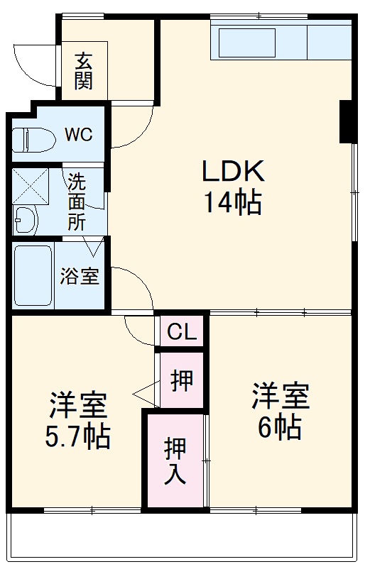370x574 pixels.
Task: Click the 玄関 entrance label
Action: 84,71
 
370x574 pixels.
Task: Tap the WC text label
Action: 78,135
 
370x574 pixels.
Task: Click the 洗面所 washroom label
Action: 77,200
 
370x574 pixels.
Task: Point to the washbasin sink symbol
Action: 26,220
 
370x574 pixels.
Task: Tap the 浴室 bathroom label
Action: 80,276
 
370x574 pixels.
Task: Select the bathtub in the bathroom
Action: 33,275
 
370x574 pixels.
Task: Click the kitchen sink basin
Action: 246,43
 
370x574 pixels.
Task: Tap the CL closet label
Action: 182,332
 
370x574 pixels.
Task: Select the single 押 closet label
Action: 182,381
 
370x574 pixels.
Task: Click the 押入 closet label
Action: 175,461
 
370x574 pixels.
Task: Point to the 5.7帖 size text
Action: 78,436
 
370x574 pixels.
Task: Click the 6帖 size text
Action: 280,428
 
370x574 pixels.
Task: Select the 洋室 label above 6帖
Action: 281,396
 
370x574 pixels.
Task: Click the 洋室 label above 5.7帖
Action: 78,404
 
